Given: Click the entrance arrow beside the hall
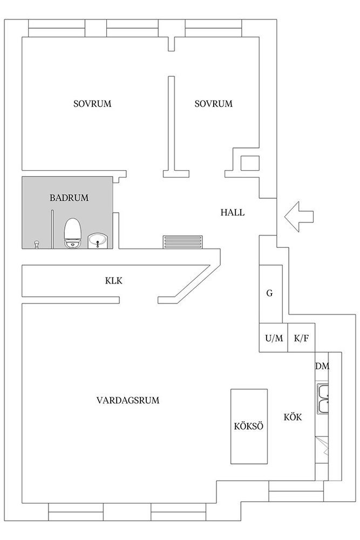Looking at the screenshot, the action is [x=298, y=217].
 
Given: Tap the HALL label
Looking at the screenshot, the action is [x=233, y=212].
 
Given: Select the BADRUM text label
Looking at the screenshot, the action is [x=69, y=198].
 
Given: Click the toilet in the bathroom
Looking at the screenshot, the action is [x=73, y=233].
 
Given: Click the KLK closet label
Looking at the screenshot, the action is [x=113, y=281].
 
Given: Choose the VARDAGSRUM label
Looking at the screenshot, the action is [x=128, y=400].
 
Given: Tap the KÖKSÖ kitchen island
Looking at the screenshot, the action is [x=249, y=427].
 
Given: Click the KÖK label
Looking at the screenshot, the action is [x=293, y=417].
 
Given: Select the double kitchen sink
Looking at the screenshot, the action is [x=322, y=399].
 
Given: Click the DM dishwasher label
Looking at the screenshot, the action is [x=322, y=366].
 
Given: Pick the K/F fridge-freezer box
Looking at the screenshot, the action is [x=301, y=338].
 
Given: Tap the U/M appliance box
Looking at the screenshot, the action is [x=274, y=338].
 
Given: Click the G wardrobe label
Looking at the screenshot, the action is [x=270, y=293].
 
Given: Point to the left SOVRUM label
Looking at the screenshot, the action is [x=92, y=104].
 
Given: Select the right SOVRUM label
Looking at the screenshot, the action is [x=213, y=104].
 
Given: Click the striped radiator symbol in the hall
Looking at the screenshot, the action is [x=183, y=242].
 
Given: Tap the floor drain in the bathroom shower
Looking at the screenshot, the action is [x=36, y=244].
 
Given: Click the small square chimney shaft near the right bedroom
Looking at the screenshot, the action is [x=250, y=163].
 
